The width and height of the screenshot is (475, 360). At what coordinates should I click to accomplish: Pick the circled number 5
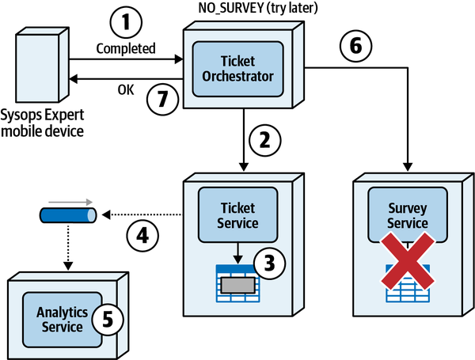(x=108, y=319)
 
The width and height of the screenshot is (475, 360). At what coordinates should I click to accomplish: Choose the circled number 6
(x=355, y=46)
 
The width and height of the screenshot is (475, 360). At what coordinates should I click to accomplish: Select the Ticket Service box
(x=237, y=214)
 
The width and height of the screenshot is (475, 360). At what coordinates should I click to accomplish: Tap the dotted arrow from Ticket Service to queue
(x=142, y=214)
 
